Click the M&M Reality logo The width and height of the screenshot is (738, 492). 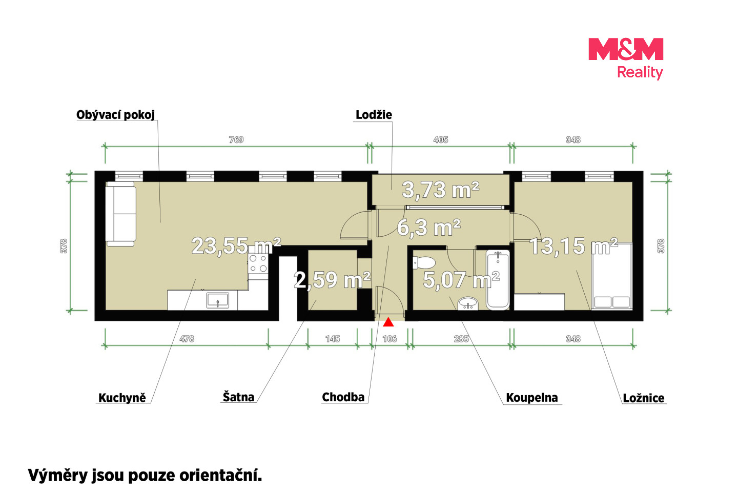pyautogui.click(x=626, y=58)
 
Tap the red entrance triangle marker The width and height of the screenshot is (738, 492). pyautogui.click(x=388, y=322)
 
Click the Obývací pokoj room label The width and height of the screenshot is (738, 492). pyautogui.click(x=116, y=115)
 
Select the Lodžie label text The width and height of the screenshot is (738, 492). pyautogui.click(x=374, y=115)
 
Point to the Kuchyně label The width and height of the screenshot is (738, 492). pyautogui.click(x=122, y=398)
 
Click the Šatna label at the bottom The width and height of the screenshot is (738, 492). pyautogui.click(x=238, y=397)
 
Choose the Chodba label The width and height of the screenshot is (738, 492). pyautogui.click(x=343, y=397)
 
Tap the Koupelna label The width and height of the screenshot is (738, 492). pyautogui.click(x=532, y=398)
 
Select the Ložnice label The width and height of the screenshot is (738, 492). pyautogui.click(x=644, y=398)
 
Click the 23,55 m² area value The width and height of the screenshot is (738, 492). pyautogui.click(x=236, y=246)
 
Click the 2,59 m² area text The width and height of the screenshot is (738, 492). pyautogui.click(x=332, y=280)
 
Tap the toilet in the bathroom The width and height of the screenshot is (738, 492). pyautogui.click(x=424, y=263)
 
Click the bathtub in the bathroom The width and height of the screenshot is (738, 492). pyautogui.click(x=498, y=280)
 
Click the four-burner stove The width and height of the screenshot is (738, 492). pyautogui.click(x=258, y=263)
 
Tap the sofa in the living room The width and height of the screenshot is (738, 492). pyautogui.click(x=121, y=214)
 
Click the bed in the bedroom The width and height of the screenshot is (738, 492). pyautogui.click(x=612, y=276)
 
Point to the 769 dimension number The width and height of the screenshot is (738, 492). pyautogui.click(x=236, y=140)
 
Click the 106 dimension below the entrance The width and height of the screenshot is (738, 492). pyautogui.click(x=389, y=339)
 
